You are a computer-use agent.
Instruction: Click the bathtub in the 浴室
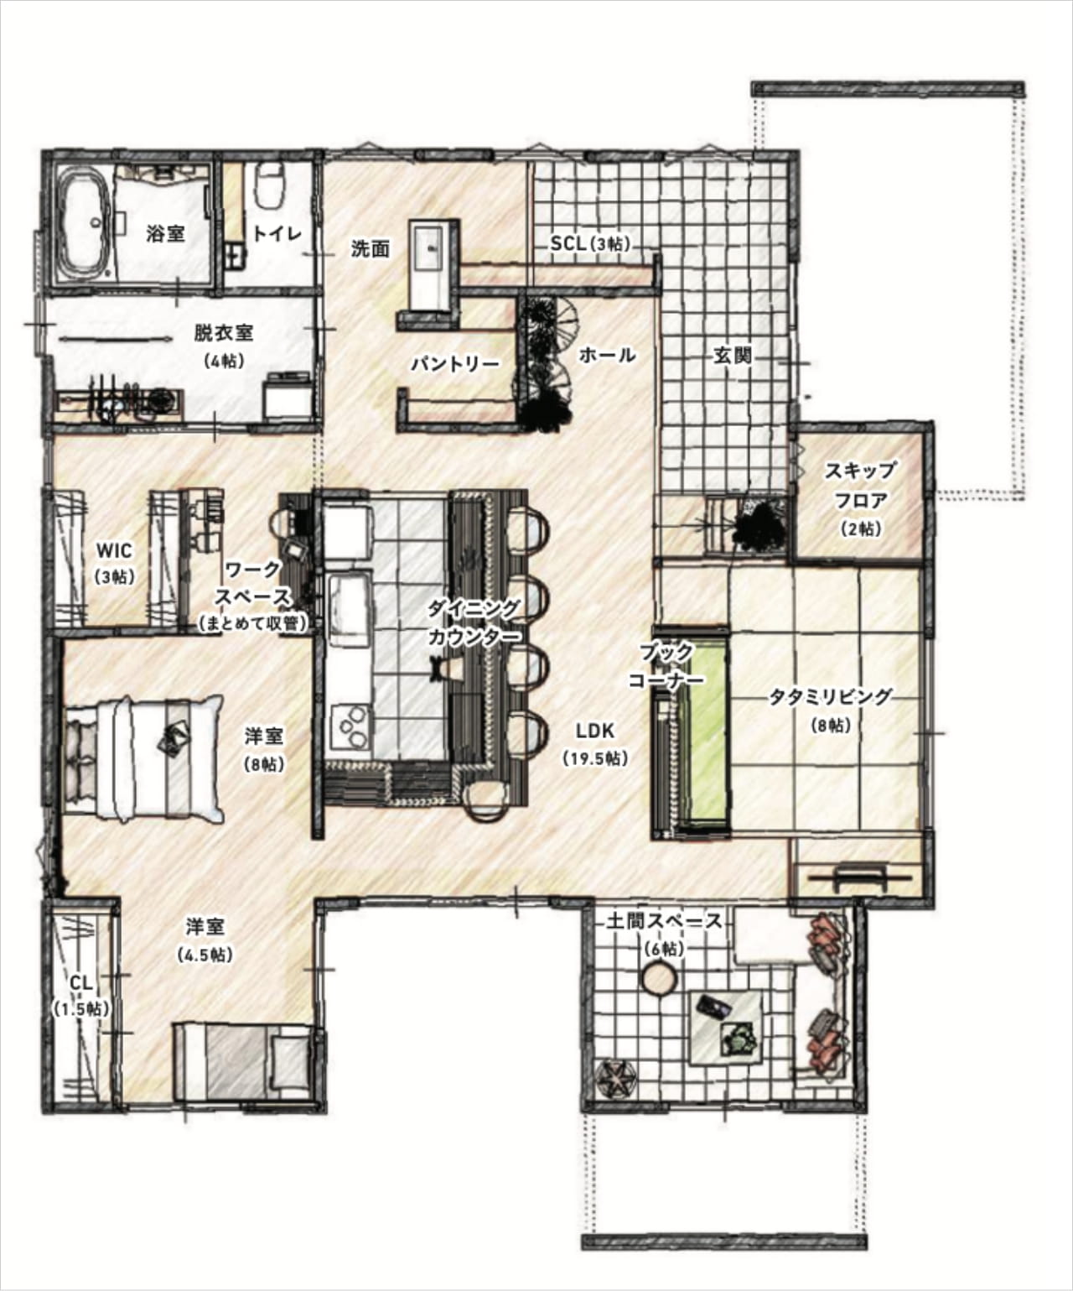coord(84,226)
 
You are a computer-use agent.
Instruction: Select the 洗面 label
coord(371,249)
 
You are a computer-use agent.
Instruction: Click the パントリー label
coord(455,363)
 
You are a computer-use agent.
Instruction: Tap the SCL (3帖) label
coord(591,243)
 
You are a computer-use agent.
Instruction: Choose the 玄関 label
coord(733,356)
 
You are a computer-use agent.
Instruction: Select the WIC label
coord(114,549)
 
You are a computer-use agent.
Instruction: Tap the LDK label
coord(595,731)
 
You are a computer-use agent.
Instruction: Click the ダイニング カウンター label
coord(474,623)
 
